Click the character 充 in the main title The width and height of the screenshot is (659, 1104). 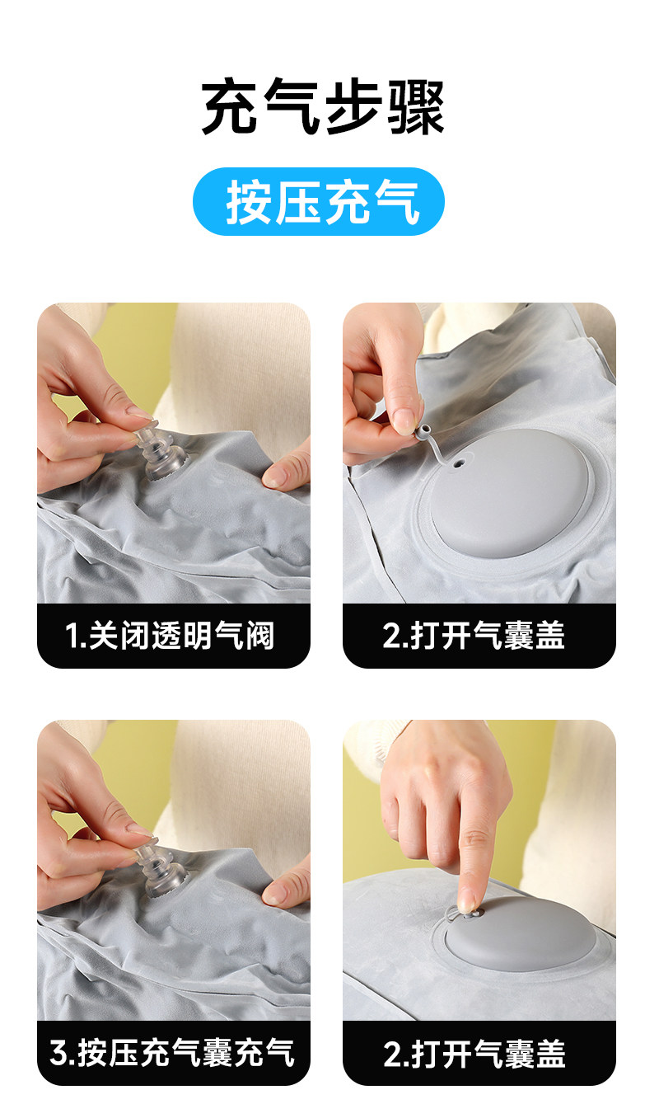(231, 106)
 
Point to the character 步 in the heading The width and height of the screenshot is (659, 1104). (354, 106)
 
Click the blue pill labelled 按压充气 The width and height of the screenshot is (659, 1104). (319, 201)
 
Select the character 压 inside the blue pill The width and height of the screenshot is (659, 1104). (297, 202)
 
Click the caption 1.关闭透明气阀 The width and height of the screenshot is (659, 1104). (169, 636)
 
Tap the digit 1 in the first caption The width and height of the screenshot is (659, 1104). (72, 636)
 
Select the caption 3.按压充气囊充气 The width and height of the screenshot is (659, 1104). (172, 1053)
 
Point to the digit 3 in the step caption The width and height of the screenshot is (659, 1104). (58, 1054)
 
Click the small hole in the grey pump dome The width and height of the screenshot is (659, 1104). (460, 463)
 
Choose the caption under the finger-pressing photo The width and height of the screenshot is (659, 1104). (474, 1053)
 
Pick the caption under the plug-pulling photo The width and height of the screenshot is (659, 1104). (474, 636)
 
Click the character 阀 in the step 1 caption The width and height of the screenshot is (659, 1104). (259, 636)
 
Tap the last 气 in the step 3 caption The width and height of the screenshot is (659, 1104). (279, 1053)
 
